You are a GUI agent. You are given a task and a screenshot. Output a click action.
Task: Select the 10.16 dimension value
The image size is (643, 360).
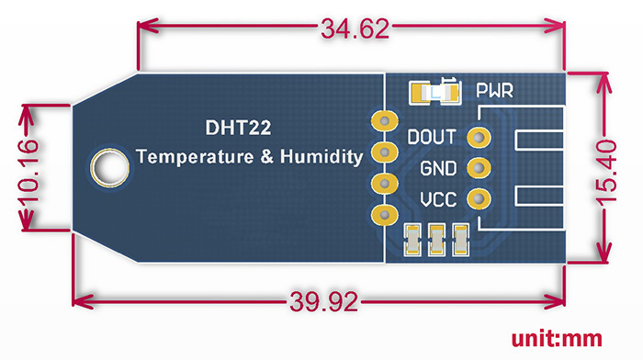pyautogui.click(x=28, y=169)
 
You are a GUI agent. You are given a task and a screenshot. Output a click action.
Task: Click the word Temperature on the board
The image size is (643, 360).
pyautogui.click(x=194, y=157)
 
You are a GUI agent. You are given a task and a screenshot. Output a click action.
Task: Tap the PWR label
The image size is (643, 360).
pyautogui.click(x=493, y=91)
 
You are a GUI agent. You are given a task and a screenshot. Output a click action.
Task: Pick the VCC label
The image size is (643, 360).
pyautogui.click(x=437, y=199)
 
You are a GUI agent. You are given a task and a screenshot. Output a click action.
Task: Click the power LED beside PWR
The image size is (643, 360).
pyautogui.click(x=434, y=91)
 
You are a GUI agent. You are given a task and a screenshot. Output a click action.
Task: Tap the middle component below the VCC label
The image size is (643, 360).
pyautogui.click(x=437, y=240)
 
